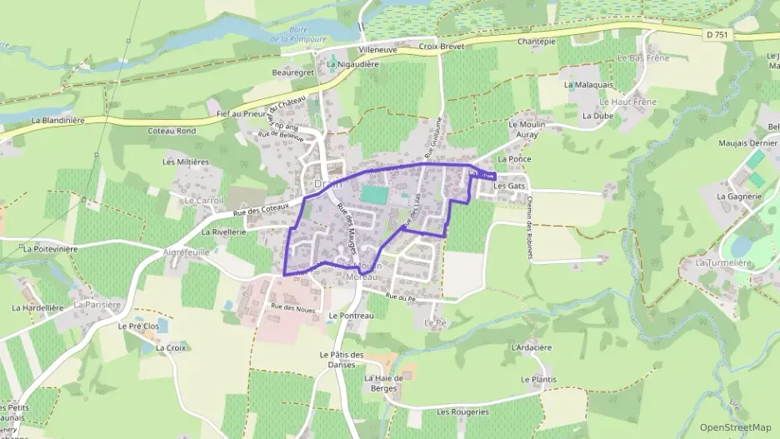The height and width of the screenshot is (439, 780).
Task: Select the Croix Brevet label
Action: pyautogui.click(x=440, y=47)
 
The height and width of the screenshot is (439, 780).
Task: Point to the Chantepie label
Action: pyautogui.click(x=536, y=42)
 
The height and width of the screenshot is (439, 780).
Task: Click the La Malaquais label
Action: pyautogui.click(x=588, y=85)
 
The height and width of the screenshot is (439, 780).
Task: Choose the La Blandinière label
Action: pyautogui.click(x=58, y=120)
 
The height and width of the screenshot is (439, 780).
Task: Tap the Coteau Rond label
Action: pyautogui.click(x=171, y=131)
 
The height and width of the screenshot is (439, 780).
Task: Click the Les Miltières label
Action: pyautogui.click(x=186, y=162)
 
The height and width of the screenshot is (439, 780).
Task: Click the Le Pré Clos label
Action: pyautogui.click(x=138, y=327)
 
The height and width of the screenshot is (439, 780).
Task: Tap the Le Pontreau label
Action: pyautogui.click(x=351, y=317)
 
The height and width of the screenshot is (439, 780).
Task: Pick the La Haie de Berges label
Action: pyautogui.click(x=384, y=383)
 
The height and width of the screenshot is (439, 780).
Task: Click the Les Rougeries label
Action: pyautogui.click(x=462, y=412)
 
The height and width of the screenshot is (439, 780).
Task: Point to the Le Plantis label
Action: pyautogui.click(x=538, y=380)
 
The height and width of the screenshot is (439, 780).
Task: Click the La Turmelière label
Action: pyautogui.click(x=723, y=262)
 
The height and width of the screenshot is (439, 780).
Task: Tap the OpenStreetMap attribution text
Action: pyautogui.click(x=735, y=427)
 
